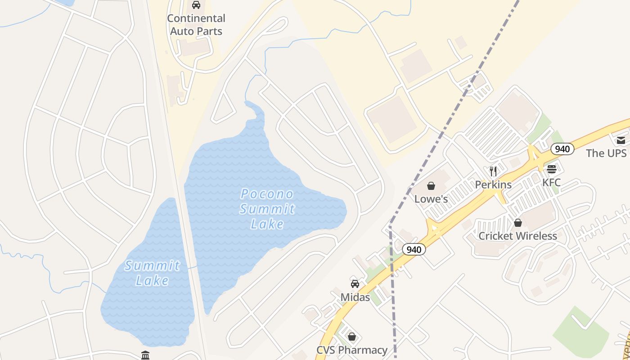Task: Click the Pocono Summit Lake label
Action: coord(267,209)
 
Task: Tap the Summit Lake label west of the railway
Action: coord(152,273)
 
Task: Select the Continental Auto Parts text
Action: coord(196,25)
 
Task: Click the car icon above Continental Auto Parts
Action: coord(196,5)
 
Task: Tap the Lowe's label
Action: coord(431,198)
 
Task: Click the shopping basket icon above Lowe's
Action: coord(431,185)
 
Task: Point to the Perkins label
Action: coord(493,184)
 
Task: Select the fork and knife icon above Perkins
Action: coord(493,171)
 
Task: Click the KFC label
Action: coord(551,182)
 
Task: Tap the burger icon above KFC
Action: coord(551,169)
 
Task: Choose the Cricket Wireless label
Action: coord(517,236)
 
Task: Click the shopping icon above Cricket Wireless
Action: coord(518,223)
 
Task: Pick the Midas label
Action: coord(355,297)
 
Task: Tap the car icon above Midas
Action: coord(355,284)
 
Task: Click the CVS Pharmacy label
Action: coord(352,350)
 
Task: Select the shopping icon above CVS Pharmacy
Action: coord(352,337)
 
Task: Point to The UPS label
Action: coord(606,153)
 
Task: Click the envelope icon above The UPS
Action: coord(621,140)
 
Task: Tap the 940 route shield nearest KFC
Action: coord(562,149)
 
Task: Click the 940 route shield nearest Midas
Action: coord(414,249)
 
